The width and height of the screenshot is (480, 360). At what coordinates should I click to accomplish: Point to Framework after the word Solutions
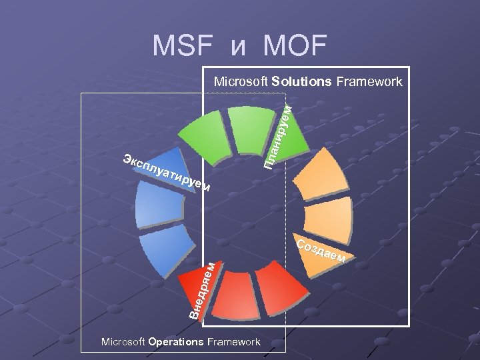coord(369,82)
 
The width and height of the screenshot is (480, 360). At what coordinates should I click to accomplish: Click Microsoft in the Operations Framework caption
coord(123,342)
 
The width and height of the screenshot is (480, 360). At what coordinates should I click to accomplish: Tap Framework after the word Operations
coord(233,342)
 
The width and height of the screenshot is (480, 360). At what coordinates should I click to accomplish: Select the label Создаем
coord(321,249)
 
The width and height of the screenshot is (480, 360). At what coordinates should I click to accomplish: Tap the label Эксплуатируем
coord(167,173)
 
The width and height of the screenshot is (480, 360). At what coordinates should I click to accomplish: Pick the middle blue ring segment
coord(155,206)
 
